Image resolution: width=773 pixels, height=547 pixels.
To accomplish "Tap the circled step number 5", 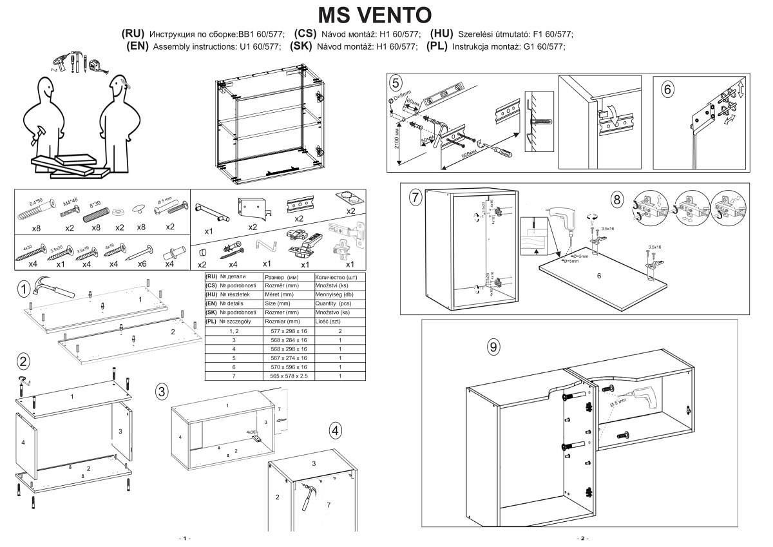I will coord(396,82).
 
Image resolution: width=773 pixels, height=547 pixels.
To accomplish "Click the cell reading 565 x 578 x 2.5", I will coord(289,376).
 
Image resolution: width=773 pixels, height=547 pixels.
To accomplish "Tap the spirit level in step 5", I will coord(444,92).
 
